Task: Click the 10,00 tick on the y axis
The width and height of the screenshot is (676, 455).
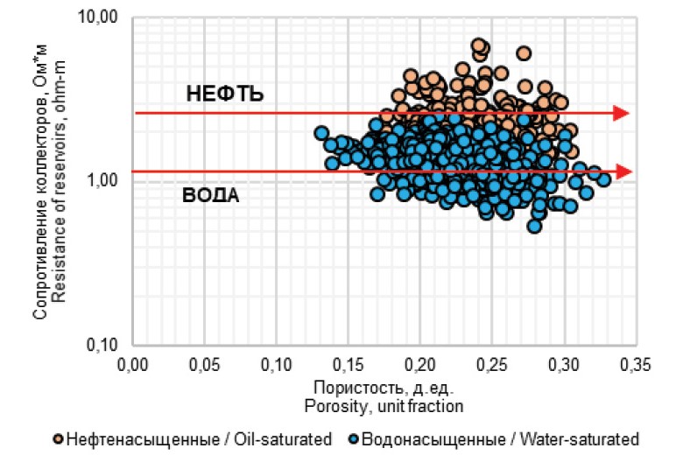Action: coord(105,17)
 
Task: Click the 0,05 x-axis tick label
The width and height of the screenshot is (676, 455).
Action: coord(204,361)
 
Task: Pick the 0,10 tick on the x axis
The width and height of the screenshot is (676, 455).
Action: coord(276,361)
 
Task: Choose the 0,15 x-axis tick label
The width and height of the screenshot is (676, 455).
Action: coord(348,361)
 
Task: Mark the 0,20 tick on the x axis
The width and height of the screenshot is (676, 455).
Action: coord(419,361)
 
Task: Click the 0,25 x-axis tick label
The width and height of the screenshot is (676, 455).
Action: coord(491,361)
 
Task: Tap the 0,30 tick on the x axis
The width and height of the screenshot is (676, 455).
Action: coord(563,361)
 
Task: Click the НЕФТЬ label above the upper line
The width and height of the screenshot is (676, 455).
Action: coord(225,94)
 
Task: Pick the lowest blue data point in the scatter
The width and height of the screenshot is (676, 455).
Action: coord(534,226)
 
